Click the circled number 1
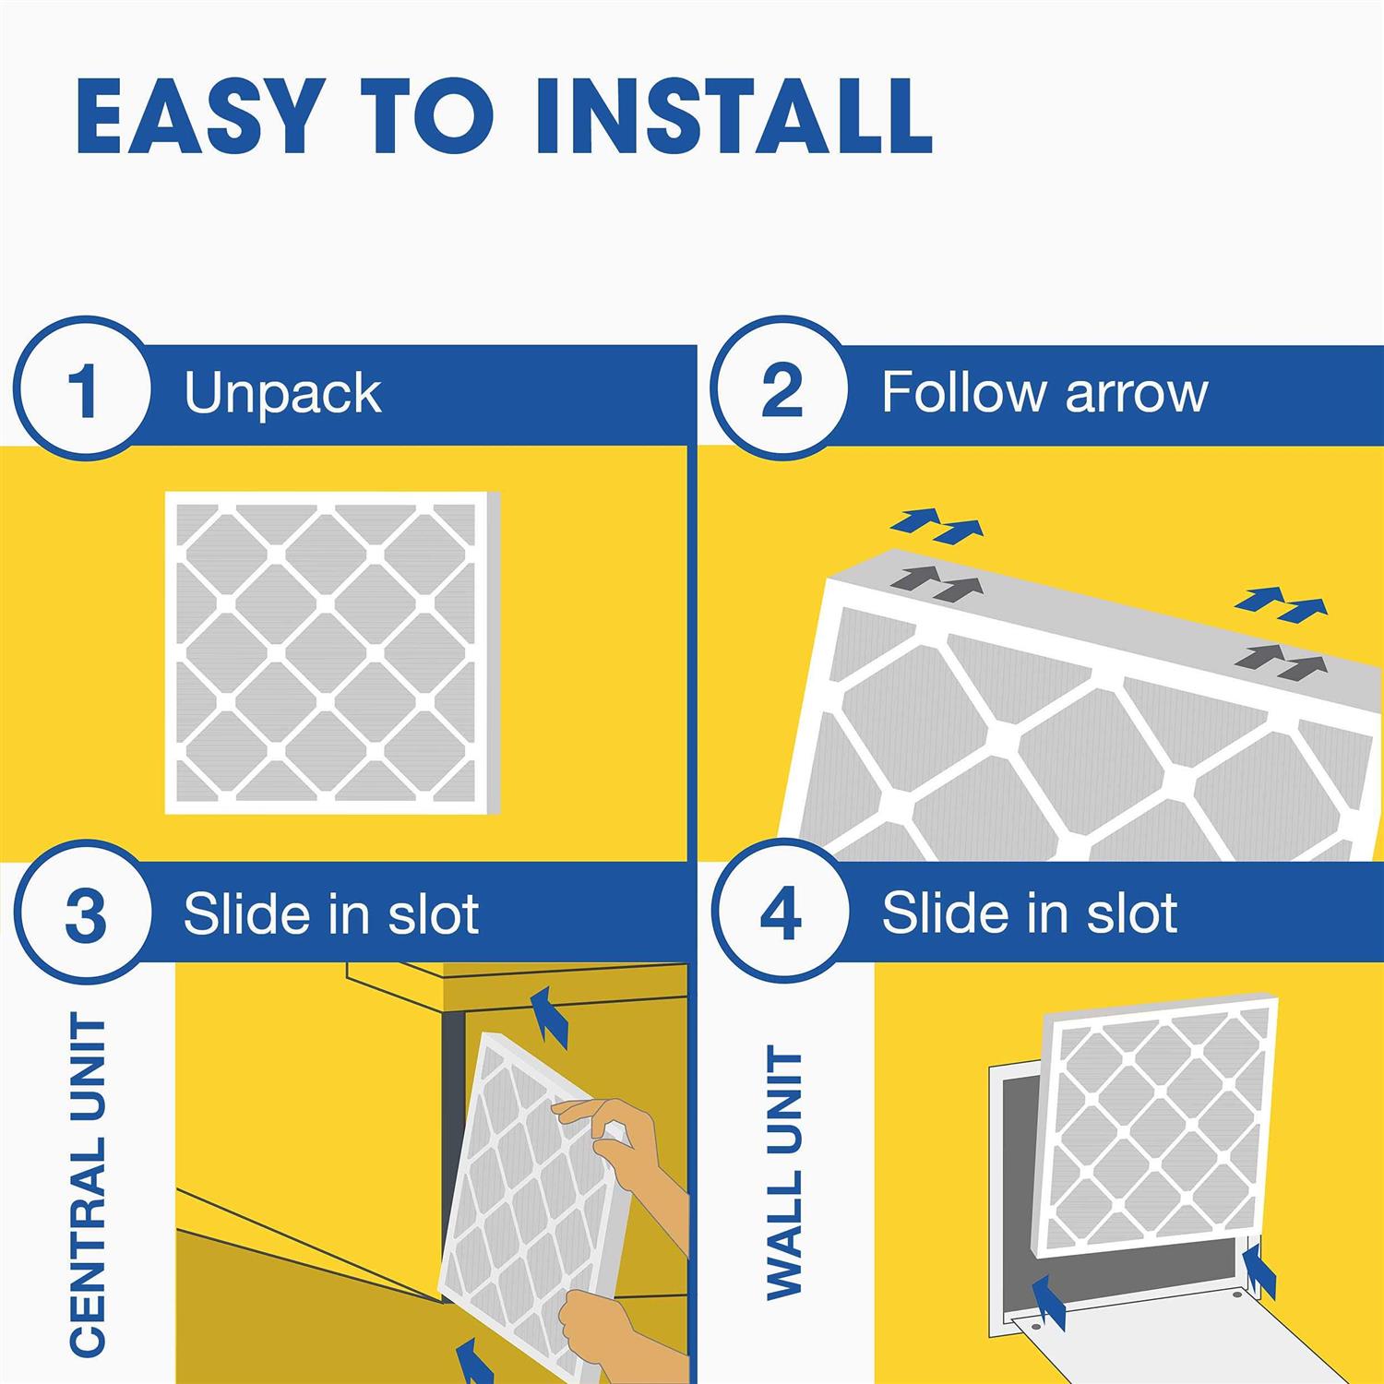pos(84,391)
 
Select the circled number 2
pos(781,391)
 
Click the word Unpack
pos(282,395)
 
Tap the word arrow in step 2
pos(1135,393)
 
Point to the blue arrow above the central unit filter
pos(550,1015)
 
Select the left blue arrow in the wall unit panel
pos(1047,1301)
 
